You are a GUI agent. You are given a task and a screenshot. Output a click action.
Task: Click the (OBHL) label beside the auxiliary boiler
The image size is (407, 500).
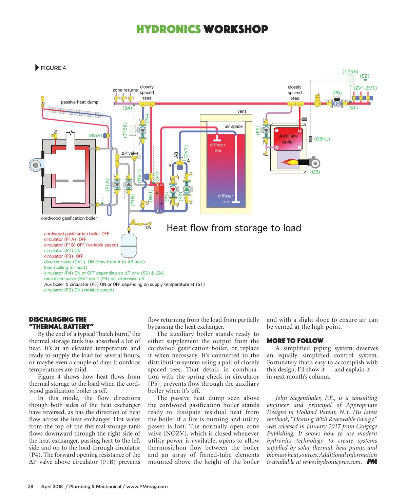pos(322,139)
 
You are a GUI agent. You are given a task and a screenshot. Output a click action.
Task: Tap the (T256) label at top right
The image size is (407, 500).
pos(350,72)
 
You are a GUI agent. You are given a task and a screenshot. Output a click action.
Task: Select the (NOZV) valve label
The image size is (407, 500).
pos(95,135)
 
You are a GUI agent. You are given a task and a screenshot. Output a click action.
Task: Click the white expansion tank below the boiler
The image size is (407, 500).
pos(129,245)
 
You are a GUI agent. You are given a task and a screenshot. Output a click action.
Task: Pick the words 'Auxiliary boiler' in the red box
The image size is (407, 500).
pos(288,139)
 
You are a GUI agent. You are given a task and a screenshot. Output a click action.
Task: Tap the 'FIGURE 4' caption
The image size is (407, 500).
pos(53,68)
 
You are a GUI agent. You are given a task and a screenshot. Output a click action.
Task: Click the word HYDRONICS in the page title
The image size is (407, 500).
pos(168,29)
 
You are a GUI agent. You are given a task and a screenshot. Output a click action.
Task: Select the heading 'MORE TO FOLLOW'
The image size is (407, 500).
pos(295,341)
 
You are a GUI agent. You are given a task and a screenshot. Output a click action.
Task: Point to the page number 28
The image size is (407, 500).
pos(31,486)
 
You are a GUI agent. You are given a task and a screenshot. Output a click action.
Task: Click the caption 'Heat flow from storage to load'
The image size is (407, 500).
pos(234,228)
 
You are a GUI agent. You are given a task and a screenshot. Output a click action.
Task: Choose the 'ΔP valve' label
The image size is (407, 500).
pos(130,153)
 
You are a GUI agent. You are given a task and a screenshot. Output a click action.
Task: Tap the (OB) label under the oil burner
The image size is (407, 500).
pos(315,172)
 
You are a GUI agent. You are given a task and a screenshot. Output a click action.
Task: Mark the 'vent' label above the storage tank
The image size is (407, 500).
pos(242,111)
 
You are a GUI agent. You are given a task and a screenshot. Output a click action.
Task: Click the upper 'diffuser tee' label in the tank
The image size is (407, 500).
pos(218,148)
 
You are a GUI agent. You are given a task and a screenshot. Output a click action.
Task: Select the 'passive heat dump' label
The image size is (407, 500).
pos(80,102)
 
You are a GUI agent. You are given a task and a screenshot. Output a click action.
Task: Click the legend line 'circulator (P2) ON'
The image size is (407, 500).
pos(62,251)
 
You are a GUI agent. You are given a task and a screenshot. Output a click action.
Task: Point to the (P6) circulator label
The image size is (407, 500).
pos(337,93)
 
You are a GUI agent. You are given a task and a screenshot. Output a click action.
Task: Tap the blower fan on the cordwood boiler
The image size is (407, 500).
pos(35,165)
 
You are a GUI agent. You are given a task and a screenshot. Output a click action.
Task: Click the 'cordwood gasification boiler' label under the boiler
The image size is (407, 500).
pos(69,218)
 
